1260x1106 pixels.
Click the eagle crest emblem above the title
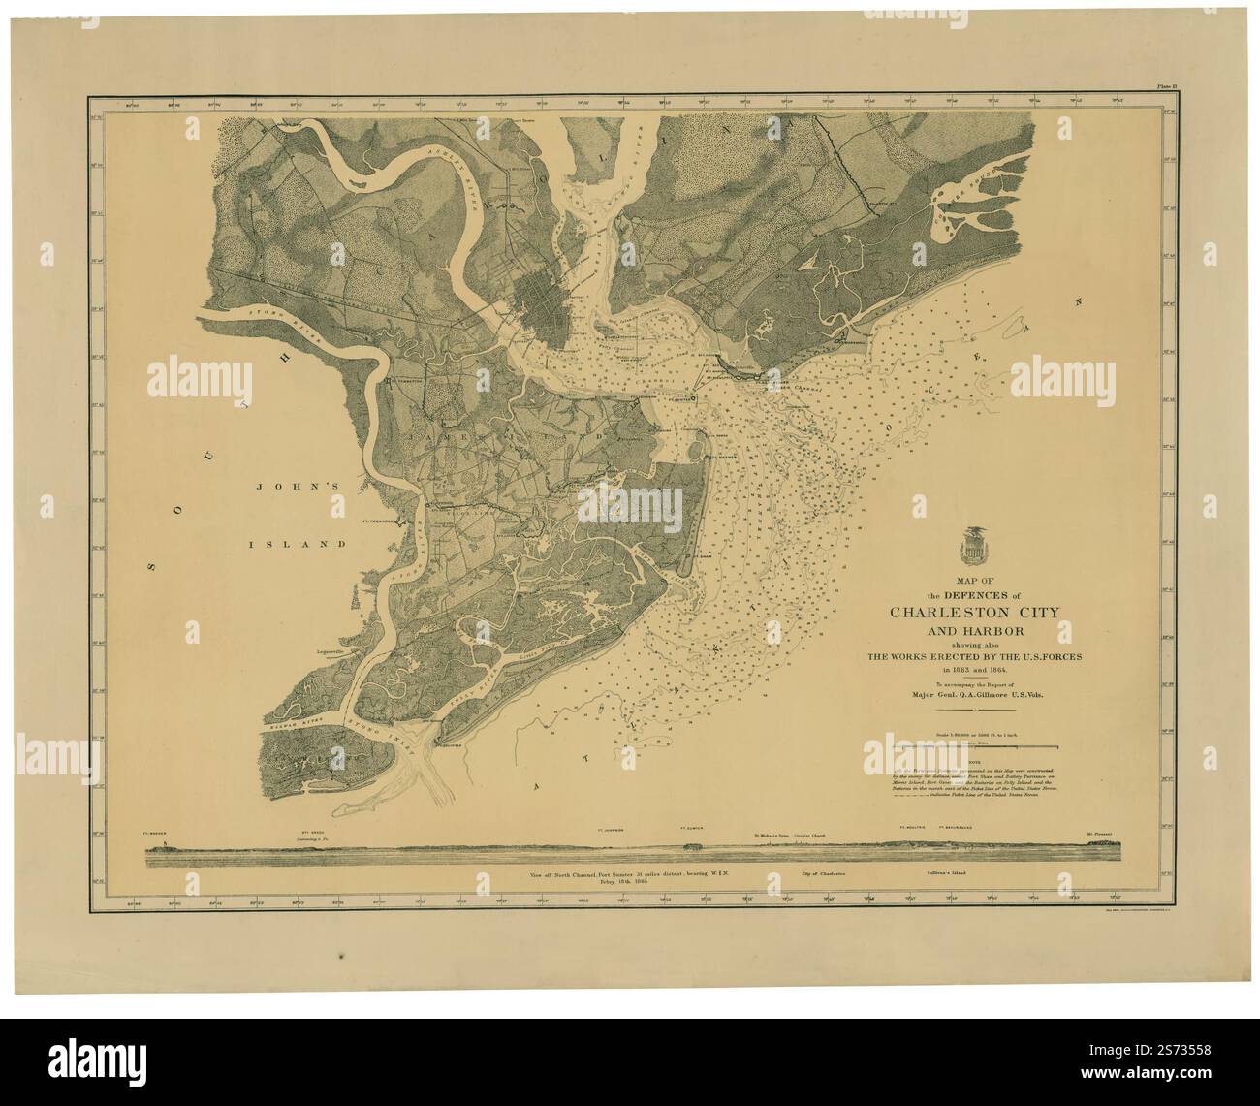[x=968, y=546]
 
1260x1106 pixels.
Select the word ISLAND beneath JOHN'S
[x=307, y=544]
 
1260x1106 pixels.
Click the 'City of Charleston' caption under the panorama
[x=831, y=874]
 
